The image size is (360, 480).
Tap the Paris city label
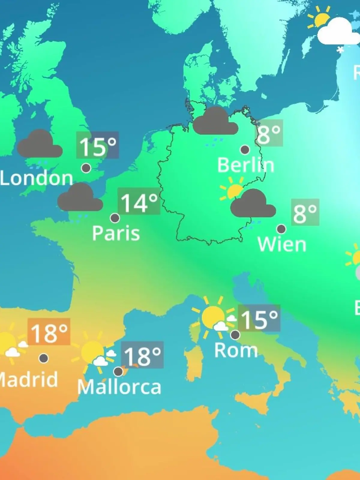116,233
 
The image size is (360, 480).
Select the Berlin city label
245,165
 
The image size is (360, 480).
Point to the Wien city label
282,244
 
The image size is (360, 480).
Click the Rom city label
236,350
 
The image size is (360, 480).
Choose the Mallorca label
119,387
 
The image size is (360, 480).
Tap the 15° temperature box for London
97,145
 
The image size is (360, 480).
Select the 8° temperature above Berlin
269,133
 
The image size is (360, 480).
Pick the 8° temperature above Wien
305,212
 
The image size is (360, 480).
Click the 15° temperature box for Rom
259,319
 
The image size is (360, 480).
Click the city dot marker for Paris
115,218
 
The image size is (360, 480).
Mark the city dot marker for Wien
281,229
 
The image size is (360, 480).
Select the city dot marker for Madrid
44,358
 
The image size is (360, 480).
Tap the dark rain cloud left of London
40,145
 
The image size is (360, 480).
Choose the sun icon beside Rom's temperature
213,317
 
